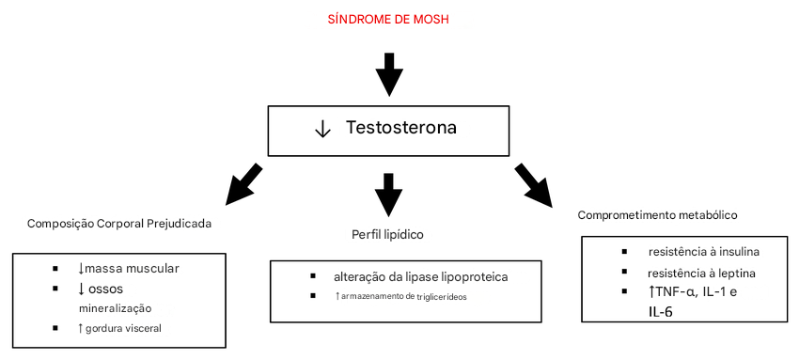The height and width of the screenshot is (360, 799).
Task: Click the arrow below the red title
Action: pos(389,74)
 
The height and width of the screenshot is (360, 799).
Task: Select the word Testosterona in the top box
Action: pos(401,127)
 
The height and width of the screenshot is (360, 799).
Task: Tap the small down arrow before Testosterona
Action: pos(322,129)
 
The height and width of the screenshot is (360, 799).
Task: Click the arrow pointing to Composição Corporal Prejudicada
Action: pos(246,183)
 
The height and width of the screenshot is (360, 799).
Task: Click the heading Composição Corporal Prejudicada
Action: pos(119,224)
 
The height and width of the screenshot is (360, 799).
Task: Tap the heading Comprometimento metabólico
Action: pos(657,214)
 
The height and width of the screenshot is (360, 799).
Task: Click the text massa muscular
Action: pos(132,269)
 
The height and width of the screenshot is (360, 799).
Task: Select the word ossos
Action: pos(106,288)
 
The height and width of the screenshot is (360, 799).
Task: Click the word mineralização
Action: pos(115,307)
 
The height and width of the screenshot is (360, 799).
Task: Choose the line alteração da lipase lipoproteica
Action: pos(421,277)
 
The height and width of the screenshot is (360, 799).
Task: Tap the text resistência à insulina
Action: pos(703,252)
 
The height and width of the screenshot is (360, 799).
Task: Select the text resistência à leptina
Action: pos(701,273)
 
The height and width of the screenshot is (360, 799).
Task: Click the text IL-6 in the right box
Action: pos(661,310)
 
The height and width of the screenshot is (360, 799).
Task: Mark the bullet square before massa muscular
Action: pos(55,269)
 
